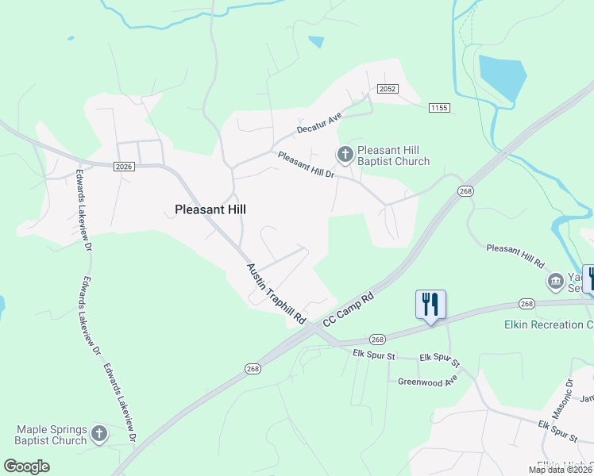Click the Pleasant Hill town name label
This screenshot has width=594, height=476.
tap(210, 209)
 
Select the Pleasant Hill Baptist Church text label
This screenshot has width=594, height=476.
tap(393, 155)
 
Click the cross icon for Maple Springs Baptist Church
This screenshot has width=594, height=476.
tap(98, 433)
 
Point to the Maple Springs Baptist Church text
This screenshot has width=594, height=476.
tap(51, 435)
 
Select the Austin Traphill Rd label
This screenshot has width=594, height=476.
tap(276, 293)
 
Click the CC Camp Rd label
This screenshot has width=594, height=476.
tap(349, 309)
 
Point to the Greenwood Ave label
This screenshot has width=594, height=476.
tap(428, 382)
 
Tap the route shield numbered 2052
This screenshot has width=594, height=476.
tap(388, 89)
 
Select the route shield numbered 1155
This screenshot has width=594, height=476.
tap(438, 107)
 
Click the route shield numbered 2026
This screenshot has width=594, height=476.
tap(123, 166)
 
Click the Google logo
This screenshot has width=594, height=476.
tap(27, 466)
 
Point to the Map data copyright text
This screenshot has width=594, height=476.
tap(561, 470)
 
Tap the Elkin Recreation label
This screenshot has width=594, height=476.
tap(548, 324)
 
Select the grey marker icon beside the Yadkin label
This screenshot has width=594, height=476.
tap(554, 281)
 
